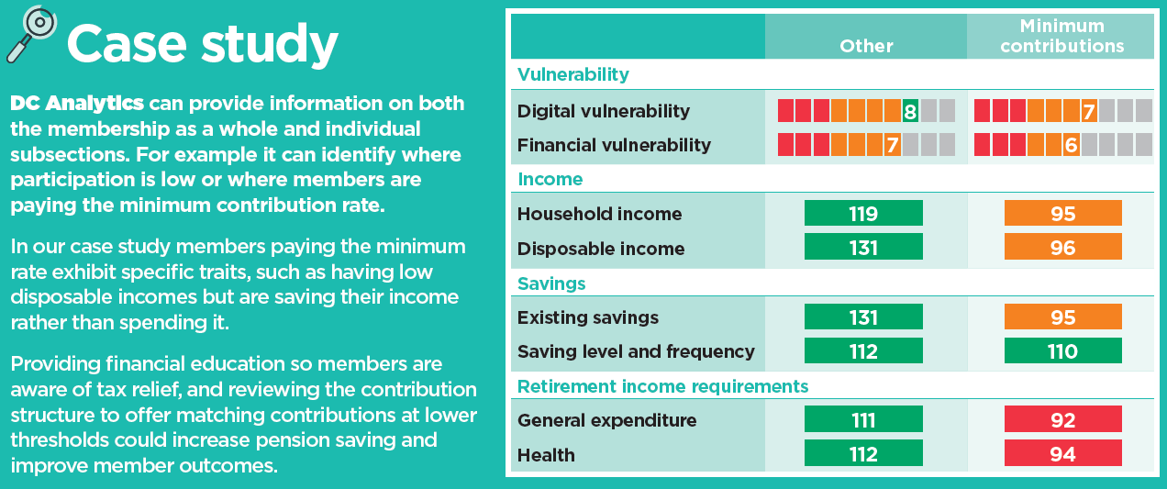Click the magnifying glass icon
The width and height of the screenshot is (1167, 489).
[31, 34]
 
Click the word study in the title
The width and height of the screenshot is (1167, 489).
[270, 44]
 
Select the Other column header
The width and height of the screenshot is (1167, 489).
[866, 46]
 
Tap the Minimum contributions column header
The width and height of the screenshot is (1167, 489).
[1061, 36]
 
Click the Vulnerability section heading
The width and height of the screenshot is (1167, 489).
[573, 74]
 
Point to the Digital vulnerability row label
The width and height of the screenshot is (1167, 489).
[604, 111]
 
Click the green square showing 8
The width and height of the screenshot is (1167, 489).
[910, 111]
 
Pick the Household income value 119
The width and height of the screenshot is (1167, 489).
[863, 213]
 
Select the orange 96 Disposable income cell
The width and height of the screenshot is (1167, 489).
[1062, 247]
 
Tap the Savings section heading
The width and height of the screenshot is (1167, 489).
[551, 283]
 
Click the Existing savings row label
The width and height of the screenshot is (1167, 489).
[588, 317]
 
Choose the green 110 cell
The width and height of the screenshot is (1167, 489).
[1062, 351]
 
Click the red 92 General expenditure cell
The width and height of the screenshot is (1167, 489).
[1062, 420]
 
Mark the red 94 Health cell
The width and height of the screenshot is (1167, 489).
[1062, 453]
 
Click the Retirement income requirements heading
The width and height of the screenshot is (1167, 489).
[662, 386]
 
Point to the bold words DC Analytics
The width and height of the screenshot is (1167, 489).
[76, 103]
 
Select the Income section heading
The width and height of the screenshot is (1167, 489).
[550, 179]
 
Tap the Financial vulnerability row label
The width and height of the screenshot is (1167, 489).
[614, 145]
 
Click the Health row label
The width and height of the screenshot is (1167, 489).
[546, 455]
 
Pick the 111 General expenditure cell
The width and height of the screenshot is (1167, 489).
[863, 420]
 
